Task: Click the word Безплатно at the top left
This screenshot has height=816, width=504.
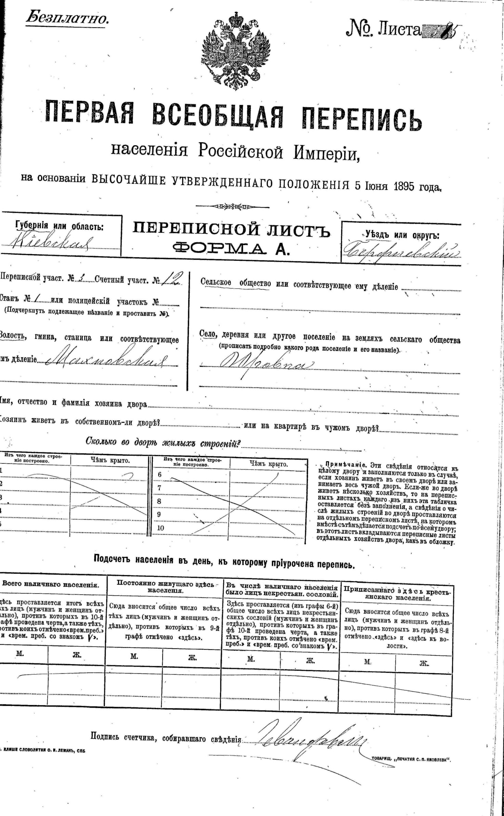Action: pos(67,18)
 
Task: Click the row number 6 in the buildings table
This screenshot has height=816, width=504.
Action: pos(159,475)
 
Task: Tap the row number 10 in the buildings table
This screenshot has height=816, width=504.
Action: pos(160,528)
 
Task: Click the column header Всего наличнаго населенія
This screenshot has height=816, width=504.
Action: pos(51,585)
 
